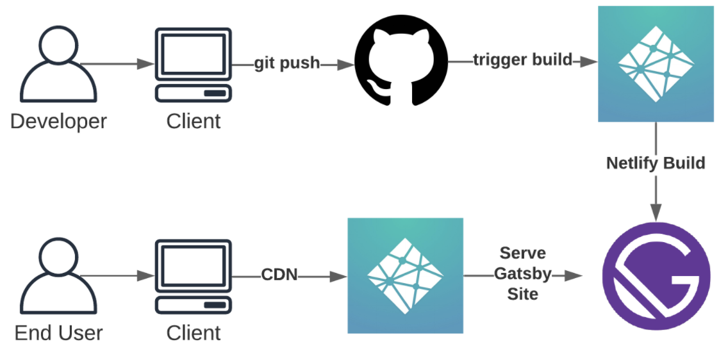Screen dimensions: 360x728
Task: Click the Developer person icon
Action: pos(58,63)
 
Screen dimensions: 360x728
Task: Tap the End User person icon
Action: pos(58,275)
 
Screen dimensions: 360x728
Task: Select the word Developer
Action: pos(58,121)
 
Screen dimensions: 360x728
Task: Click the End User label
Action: pos(58,333)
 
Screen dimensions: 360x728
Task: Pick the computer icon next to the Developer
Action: pos(193,64)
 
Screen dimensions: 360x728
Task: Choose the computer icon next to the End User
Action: pos(193,276)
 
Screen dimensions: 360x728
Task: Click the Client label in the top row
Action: pos(194,121)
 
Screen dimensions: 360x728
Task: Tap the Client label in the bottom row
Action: pos(194,333)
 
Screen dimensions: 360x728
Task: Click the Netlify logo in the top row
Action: pos(656,63)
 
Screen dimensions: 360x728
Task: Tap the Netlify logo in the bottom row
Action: pos(405,275)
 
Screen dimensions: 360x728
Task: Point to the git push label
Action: pos(286,63)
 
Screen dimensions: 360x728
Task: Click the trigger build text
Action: pos(522,60)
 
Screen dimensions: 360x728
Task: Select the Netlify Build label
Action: pos(656,163)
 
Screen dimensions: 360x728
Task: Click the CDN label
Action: pos(279,275)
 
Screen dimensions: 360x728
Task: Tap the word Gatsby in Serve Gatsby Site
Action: pos(522,274)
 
